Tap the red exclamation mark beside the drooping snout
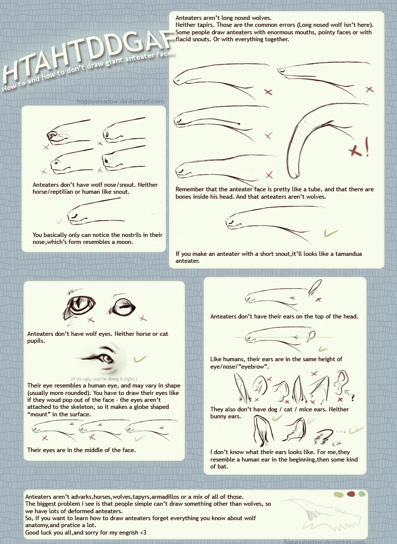(x=367, y=147)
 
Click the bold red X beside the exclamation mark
(x=355, y=151)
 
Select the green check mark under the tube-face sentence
(x=331, y=233)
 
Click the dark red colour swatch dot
(x=351, y=494)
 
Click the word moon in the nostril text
(x=125, y=242)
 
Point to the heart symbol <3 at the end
(x=143, y=532)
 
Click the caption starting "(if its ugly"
(x=104, y=379)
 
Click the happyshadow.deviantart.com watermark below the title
(x=121, y=101)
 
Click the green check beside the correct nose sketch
(x=59, y=221)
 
